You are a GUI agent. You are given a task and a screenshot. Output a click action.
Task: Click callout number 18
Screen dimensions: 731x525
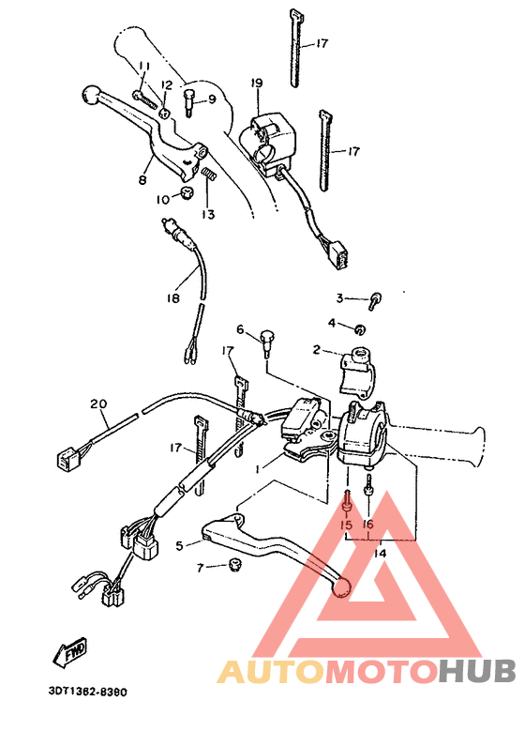point(172,298)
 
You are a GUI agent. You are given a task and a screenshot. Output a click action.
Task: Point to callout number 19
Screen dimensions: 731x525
point(255,84)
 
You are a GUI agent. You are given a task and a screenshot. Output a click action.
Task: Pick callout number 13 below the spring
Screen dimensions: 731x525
point(207,214)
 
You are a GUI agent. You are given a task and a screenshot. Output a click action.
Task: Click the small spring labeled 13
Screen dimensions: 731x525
point(211,173)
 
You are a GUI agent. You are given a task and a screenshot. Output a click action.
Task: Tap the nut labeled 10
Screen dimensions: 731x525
point(186,195)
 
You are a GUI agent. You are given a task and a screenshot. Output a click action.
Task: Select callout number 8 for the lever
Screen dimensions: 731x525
point(142,179)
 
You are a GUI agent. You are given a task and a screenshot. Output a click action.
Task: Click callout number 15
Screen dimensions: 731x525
point(346,525)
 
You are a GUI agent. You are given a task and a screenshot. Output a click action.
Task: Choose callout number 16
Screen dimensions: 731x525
point(367,525)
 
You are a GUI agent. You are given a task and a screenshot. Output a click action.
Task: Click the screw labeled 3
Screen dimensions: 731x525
point(375,300)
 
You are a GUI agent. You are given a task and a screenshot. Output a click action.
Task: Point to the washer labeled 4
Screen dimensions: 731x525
point(361,327)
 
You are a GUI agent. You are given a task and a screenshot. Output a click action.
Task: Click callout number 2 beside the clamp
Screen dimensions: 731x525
point(317,349)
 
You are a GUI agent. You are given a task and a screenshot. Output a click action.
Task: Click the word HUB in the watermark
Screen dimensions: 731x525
point(478,672)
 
